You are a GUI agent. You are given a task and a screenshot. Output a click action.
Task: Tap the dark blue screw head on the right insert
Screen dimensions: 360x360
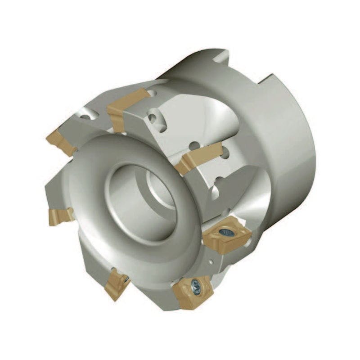click(226, 232)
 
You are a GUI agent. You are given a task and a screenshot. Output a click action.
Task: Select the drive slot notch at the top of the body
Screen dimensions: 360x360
click(220, 57)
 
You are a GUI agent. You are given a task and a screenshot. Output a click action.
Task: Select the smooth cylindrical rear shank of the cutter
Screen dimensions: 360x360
click(288, 148)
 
